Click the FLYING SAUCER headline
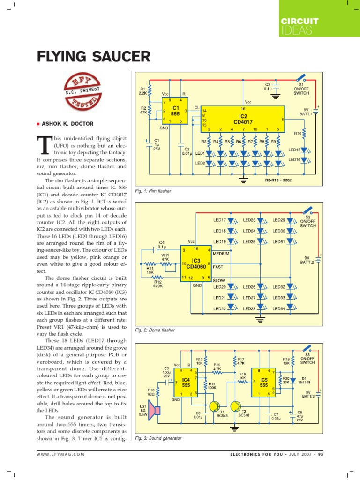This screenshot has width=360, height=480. pyautogui.click(x=94, y=57)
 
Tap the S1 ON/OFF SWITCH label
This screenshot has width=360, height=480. pyautogui.click(x=301, y=90)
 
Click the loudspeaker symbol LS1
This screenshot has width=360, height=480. pyautogui.click(x=156, y=411)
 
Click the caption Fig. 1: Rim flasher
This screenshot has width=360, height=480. pyautogui.click(x=153, y=191)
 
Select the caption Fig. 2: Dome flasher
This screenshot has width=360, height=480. pyautogui.click(x=155, y=330)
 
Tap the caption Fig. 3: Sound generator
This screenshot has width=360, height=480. pyautogui.click(x=158, y=438)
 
